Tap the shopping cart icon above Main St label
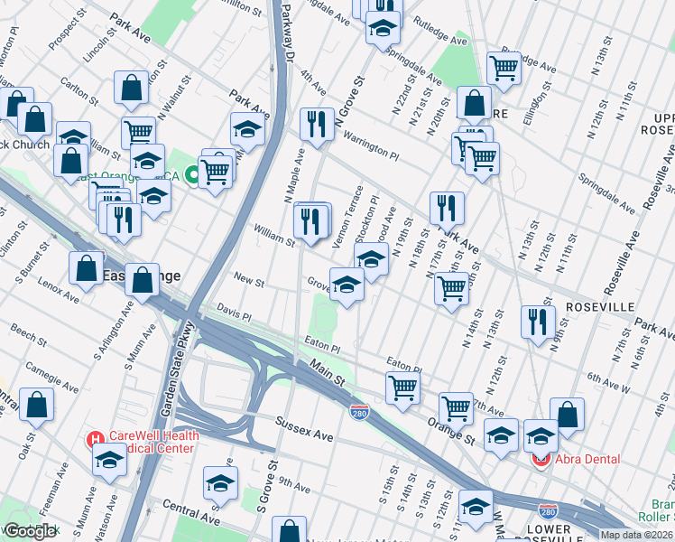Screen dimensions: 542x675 [x=402, y=388]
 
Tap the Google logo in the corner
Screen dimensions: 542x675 [x=30, y=531]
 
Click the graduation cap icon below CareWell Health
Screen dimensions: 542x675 [x=109, y=460]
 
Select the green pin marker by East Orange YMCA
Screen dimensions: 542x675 [x=191, y=175]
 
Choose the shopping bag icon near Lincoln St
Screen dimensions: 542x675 [x=132, y=89]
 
